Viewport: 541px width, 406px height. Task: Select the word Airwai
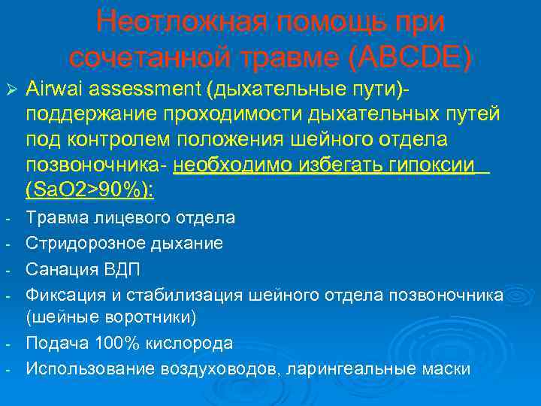tap(51, 90)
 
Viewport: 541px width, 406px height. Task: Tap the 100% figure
tap(113, 343)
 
